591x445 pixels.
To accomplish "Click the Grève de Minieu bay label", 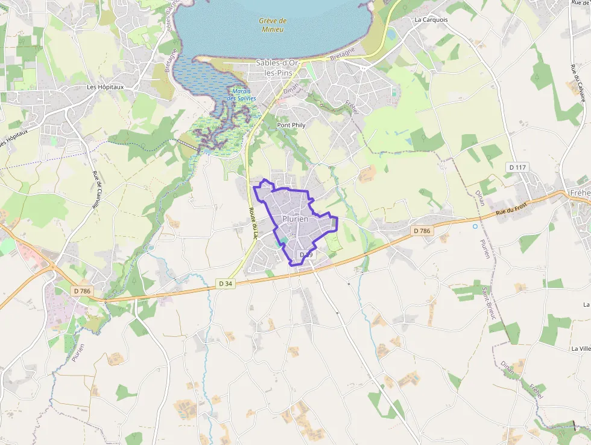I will click(x=273, y=25).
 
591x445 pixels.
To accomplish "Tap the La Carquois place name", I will click(x=431, y=19).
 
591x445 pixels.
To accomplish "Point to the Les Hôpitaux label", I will click(x=105, y=87).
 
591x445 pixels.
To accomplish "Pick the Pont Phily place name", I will click(x=291, y=125).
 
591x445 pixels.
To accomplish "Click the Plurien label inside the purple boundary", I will click(x=295, y=219).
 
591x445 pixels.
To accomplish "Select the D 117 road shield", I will click(x=518, y=167).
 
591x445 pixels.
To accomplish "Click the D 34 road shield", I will click(x=226, y=283).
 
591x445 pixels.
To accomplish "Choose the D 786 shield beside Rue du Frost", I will click(x=422, y=231).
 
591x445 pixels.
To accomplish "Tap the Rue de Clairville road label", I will click(x=96, y=191).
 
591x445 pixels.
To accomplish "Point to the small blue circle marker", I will click(x=475, y=226).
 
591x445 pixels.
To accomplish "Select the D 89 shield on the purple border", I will click(x=306, y=255).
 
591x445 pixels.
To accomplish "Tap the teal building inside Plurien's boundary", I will click(x=283, y=241).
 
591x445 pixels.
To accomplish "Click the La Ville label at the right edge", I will click(x=581, y=348).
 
